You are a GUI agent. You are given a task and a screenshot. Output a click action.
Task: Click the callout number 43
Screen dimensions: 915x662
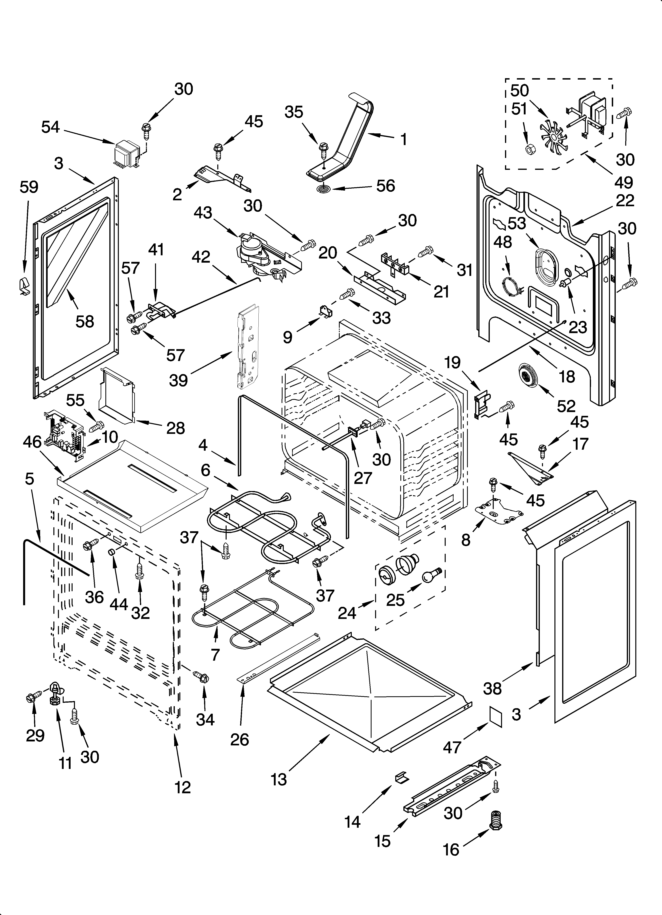[x=203, y=213]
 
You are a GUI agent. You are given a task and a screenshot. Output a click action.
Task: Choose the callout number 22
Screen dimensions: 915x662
[x=625, y=200]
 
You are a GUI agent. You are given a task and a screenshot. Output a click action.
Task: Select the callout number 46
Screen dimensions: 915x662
[x=32, y=442]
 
